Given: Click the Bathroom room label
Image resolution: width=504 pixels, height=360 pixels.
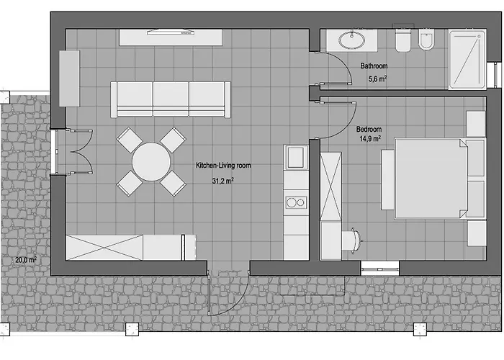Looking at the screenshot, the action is pyautogui.click(x=374, y=66).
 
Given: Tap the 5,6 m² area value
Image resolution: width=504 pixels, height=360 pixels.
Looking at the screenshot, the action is pyautogui.click(x=377, y=78).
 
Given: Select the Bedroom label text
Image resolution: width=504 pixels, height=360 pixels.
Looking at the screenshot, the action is pyautogui.click(x=369, y=129).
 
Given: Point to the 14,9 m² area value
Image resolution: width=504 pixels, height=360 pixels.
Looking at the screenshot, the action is pyautogui.click(x=370, y=138).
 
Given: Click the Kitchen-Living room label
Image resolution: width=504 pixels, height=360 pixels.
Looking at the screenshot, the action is pyautogui.click(x=223, y=166).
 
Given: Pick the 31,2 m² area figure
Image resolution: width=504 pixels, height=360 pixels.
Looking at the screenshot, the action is pyautogui.click(x=222, y=181).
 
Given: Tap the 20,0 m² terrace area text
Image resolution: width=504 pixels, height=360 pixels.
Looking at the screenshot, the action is pyautogui.click(x=26, y=260).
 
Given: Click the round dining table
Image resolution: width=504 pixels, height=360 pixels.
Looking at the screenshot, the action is pyautogui.click(x=151, y=162).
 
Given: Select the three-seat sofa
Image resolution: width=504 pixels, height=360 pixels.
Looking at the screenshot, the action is pyautogui.click(x=171, y=99).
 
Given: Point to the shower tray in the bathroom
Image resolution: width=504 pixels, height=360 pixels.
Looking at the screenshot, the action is pyautogui.click(x=467, y=60).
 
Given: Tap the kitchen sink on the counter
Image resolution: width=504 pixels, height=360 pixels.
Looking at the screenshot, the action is pyautogui.click(x=296, y=157).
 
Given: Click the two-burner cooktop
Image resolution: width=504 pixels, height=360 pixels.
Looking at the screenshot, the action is pyautogui.click(x=296, y=202).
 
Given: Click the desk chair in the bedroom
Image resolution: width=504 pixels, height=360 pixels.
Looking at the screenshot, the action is pyautogui.click(x=353, y=240).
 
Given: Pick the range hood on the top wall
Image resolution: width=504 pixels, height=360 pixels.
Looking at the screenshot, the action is pyautogui.click(x=171, y=32).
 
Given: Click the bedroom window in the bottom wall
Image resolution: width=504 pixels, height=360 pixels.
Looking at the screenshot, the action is pyautogui.click(x=379, y=268).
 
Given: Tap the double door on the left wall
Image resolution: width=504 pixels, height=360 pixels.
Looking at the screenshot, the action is pyautogui.click(x=72, y=152).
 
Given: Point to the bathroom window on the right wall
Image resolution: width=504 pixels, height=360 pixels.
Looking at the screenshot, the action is pyautogui.click(x=494, y=75).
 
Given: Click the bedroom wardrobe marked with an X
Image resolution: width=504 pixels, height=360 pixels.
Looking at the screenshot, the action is pyautogui.click(x=330, y=186).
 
